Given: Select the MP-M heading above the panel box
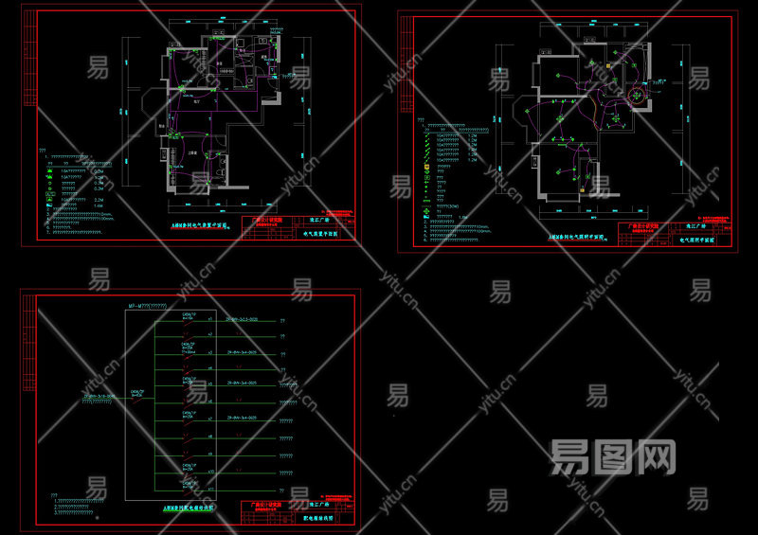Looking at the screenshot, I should coord(147,306).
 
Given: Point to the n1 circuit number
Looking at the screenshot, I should coord(209,323).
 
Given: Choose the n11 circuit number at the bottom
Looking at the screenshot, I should coord(209,486).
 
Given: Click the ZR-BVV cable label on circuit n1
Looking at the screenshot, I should coord(243,321).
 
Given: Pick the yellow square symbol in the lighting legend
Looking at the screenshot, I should coord(427,168).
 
